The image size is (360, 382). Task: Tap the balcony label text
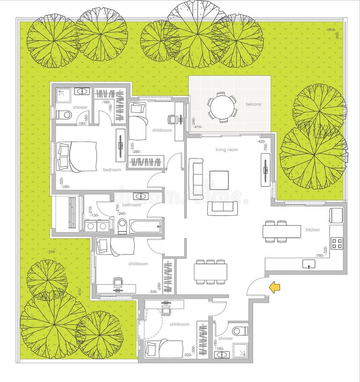tap(253, 104)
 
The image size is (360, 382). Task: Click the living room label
tap(226, 150)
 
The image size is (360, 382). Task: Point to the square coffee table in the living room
tap(219, 180)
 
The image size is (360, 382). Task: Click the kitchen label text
tap(313, 230)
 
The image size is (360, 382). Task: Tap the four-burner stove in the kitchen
tap(337, 243)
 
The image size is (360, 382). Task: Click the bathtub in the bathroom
tap(145, 227)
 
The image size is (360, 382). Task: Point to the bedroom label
tap(112, 170)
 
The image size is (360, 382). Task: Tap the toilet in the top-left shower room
tap(64, 115)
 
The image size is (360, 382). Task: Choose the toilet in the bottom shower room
tap(240, 331)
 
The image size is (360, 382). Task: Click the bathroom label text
tap(131, 205)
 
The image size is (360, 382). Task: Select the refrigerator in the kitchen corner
tap(336, 215)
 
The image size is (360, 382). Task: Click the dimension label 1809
tap(330, 30)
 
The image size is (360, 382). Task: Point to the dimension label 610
tap(80, 291)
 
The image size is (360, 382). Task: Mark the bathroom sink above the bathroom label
tap(140, 196)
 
